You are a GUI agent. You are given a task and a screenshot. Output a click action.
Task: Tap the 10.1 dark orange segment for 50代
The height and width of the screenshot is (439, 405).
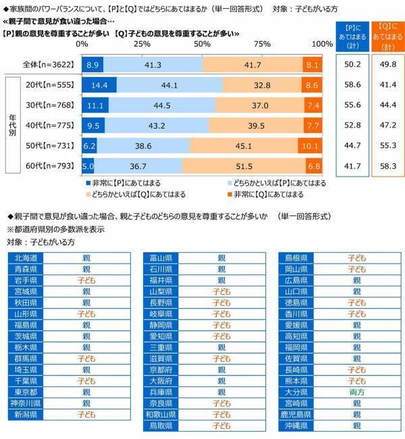[x=311, y=146]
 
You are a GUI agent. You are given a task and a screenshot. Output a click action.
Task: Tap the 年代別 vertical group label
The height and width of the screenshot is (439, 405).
[x=11, y=125]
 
